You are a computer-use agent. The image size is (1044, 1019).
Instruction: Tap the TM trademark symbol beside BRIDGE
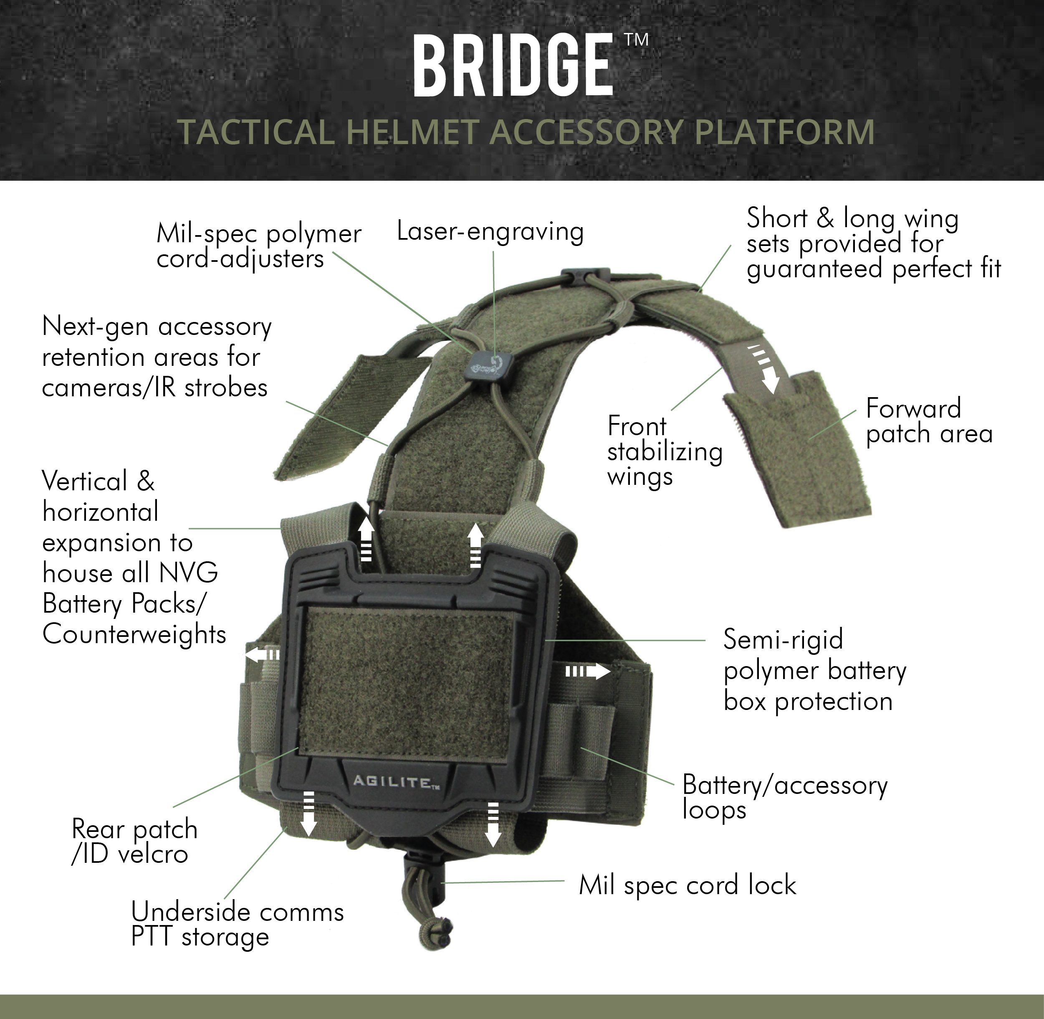tap(637, 40)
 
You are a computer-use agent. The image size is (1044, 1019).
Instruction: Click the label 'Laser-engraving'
tap(490, 232)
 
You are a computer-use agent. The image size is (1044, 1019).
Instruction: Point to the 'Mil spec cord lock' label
tap(687, 885)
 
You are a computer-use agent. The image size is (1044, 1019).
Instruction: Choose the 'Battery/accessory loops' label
tap(785, 797)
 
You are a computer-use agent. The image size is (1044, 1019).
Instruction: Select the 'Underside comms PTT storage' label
tap(237, 924)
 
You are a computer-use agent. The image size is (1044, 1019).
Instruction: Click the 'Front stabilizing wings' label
tap(664, 451)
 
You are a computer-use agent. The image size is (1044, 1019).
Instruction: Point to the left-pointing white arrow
tap(262, 654)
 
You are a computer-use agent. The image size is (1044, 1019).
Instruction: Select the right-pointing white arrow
tap(587, 671)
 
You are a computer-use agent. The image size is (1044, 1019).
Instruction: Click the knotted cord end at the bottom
tap(437, 934)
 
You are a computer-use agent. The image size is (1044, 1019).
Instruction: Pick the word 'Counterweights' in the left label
tap(134, 635)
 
